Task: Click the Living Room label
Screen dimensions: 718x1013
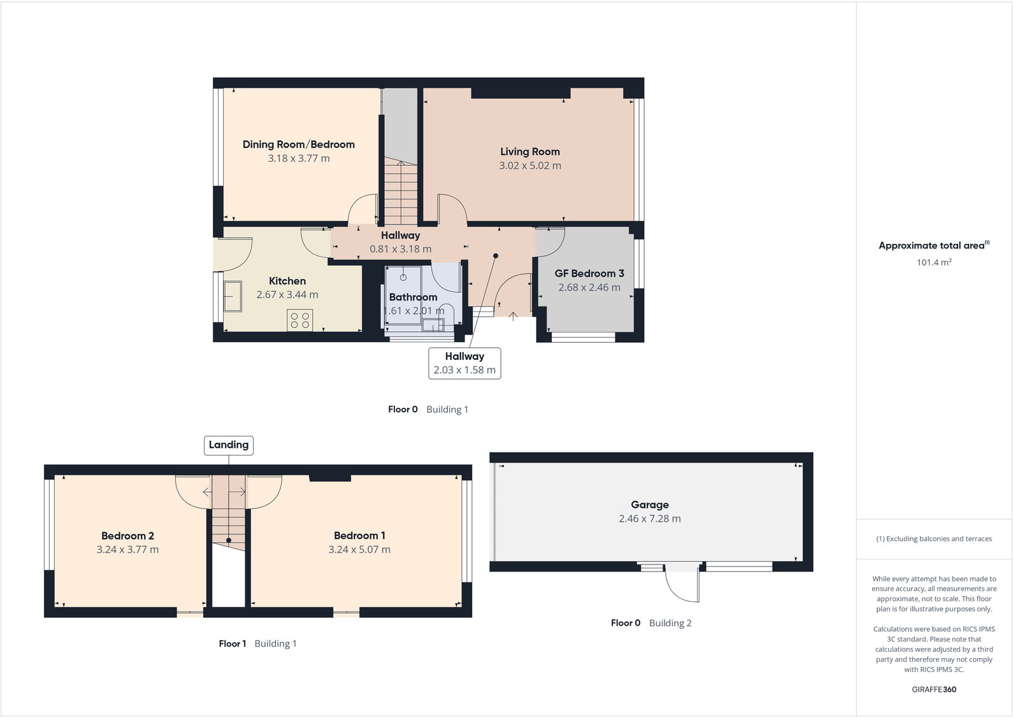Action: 529,152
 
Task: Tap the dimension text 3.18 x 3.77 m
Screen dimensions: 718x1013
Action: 299,159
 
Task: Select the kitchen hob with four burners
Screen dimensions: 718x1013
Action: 300,320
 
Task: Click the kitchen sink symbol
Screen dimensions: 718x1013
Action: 233,296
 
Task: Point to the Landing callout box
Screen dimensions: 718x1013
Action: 229,445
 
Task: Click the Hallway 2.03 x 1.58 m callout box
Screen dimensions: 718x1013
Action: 464,363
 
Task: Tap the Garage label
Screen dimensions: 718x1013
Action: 649,505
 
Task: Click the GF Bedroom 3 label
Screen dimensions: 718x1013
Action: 589,273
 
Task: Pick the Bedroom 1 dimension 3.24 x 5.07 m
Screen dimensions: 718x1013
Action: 359,550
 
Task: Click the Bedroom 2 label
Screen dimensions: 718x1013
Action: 127,536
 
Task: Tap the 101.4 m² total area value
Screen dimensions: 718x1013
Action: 934,262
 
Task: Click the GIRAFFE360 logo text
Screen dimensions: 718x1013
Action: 934,689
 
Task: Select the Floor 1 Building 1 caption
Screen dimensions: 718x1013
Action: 257,643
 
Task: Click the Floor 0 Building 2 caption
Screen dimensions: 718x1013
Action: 650,623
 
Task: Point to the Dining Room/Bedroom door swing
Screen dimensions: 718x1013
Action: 363,209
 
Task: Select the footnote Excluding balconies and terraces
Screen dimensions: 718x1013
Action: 934,539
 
